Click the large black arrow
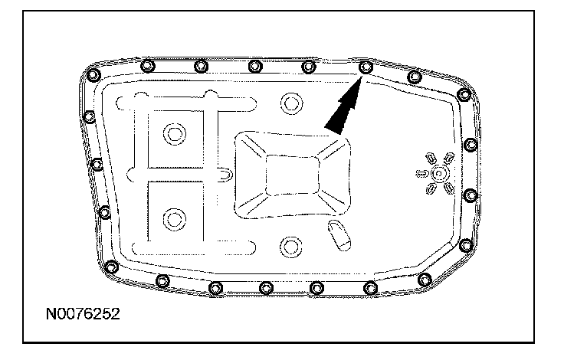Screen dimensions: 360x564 click(x=342, y=106)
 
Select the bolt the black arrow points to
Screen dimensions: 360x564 click(x=366, y=67)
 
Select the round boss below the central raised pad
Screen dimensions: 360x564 click(x=290, y=246)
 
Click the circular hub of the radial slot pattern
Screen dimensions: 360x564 click(x=438, y=174)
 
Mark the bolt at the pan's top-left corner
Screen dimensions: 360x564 click(x=93, y=75)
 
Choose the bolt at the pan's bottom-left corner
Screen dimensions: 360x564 click(x=113, y=267)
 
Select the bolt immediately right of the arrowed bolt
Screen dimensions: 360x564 click(x=415, y=76)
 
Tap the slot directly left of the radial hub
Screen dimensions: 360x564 click(x=421, y=174)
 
